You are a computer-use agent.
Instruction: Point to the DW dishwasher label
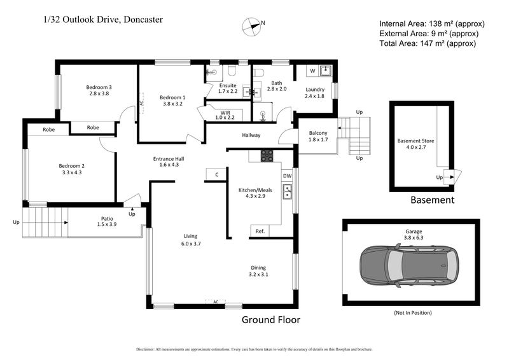[288, 176]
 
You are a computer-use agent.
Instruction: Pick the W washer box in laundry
[312, 70]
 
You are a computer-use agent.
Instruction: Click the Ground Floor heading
[270, 320]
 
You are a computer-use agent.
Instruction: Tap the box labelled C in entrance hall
[216, 174]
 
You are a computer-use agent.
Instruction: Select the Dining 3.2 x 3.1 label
[258, 271]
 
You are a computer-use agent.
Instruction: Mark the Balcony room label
[317, 135]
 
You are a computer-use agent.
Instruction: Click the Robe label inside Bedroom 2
[48, 129]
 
